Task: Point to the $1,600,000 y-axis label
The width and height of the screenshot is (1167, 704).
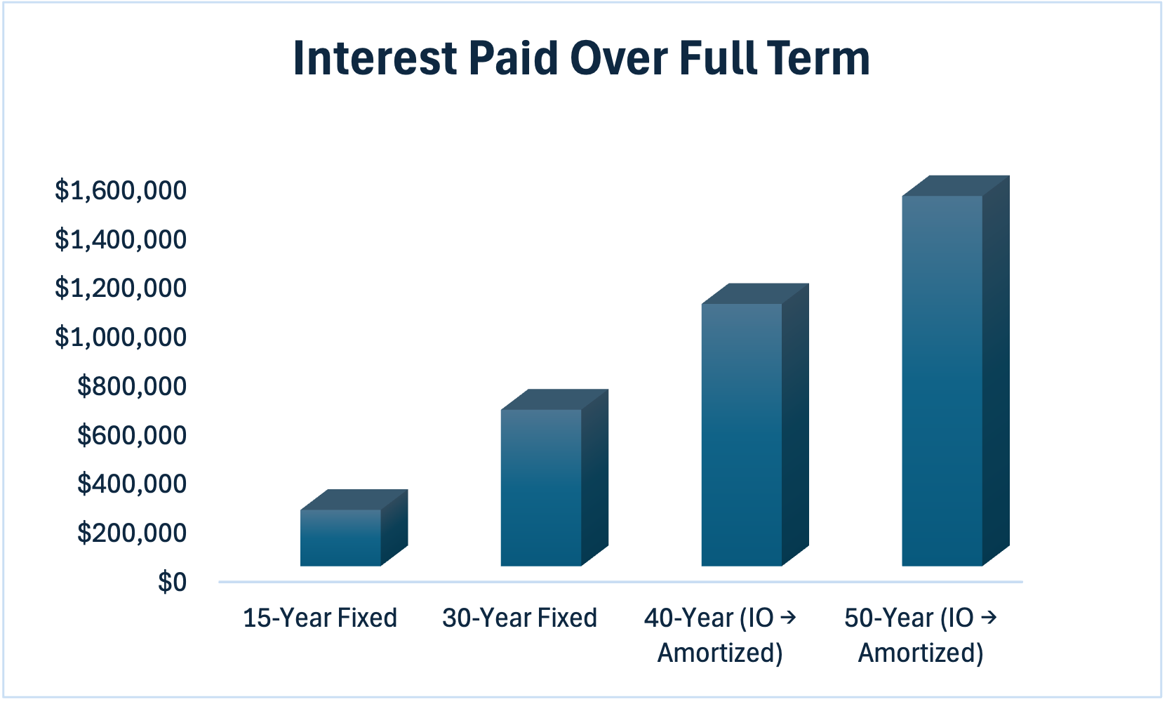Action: (x=120, y=191)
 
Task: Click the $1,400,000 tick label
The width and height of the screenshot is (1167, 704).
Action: (x=120, y=240)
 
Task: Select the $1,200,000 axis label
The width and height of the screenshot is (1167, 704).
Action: (x=120, y=288)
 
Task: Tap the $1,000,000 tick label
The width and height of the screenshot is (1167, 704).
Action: (x=120, y=337)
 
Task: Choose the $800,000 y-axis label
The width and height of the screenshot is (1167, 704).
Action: (x=132, y=386)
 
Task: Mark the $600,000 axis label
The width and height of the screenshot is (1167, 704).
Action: (x=132, y=435)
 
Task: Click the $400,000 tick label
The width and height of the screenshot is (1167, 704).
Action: (x=132, y=484)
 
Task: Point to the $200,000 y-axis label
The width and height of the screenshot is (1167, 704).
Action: (x=132, y=533)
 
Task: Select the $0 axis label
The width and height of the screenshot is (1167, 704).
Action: (x=173, y=582)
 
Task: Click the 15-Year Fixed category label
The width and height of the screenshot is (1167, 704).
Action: (x=320, y=618)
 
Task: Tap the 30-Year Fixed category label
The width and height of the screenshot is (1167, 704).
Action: (x=519, y=618)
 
